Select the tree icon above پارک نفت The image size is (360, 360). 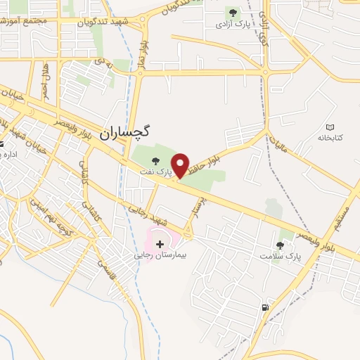pyautogui.click(x=155, y=160)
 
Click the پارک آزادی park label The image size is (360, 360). pyautogui.click(x=233, y=23)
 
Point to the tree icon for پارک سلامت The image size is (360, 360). pyautogui.click(x=280, y=245)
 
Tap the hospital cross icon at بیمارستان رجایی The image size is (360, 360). pyautogui.click(x=160, y=244)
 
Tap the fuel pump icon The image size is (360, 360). pyautogui.click(x=264, y=307)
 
